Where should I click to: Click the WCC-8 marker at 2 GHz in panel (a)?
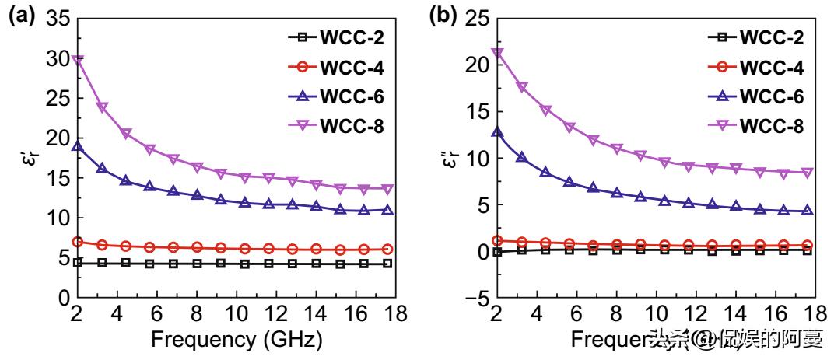pos(78,60)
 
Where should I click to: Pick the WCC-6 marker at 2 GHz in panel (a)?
pos(78,146)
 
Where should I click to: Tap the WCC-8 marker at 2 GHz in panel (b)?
pos(498,54)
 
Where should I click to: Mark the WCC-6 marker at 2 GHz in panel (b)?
pos(498,132)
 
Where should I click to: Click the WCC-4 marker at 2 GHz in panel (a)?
pos(78,242)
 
